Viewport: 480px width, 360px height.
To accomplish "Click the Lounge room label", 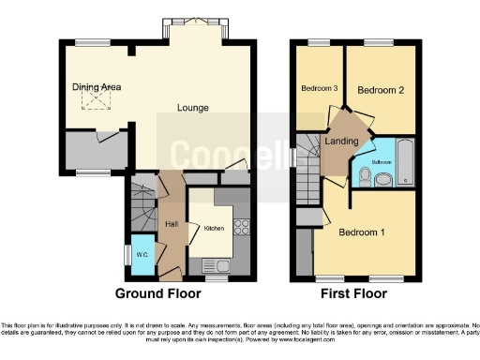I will (193, 107).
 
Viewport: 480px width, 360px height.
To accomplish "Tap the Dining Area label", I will (97, 87).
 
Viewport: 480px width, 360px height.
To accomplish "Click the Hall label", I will (172, 224).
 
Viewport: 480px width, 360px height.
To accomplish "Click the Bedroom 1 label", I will (360, 232).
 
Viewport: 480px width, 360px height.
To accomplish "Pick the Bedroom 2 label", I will (380, 91).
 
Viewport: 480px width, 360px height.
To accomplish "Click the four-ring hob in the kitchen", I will (240, 225).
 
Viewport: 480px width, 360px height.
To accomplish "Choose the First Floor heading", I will (354, 292).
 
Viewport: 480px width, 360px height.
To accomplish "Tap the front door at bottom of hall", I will (171, 274).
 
